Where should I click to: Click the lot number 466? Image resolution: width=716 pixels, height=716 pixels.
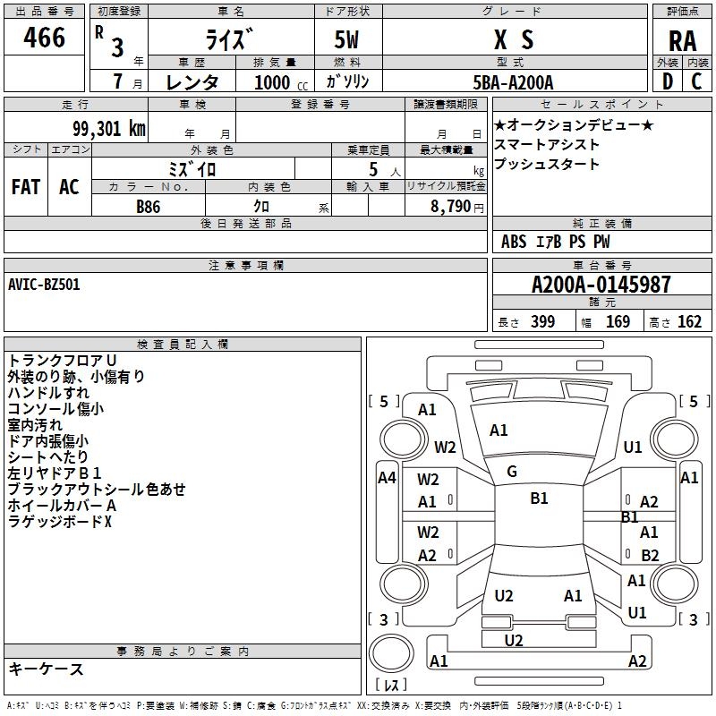click(45, 38)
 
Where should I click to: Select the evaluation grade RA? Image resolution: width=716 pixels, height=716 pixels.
click(682, 42)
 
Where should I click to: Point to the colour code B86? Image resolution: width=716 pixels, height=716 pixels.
click(149, 206)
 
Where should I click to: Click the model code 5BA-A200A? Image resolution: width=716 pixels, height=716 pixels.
click(513, 82)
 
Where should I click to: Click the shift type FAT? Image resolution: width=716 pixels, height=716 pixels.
click(25, 186)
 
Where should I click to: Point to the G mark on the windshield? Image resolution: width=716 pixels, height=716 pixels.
click(512, 471)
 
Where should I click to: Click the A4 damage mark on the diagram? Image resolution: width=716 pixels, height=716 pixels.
click(387, 478)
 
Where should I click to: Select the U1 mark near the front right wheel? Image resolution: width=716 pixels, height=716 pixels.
click(634, 447)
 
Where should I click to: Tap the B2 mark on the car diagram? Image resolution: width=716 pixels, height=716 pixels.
click(650, 555)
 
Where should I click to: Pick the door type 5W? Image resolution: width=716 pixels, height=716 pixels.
click(349, 39)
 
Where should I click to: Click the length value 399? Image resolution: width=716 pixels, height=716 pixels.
click(542, 322)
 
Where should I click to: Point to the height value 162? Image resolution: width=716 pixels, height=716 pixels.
click(689, 322)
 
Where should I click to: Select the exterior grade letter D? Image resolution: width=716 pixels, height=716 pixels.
click(667, 81)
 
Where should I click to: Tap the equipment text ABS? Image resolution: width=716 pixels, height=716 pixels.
click(514, 242)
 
